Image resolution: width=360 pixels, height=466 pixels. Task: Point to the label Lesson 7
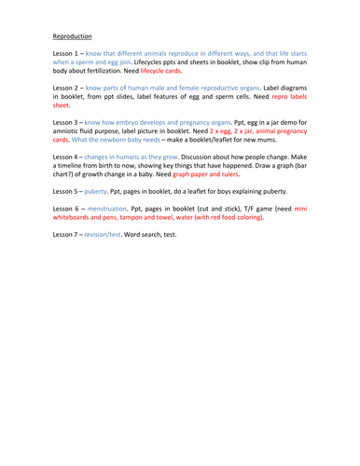[x=68, y=234]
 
